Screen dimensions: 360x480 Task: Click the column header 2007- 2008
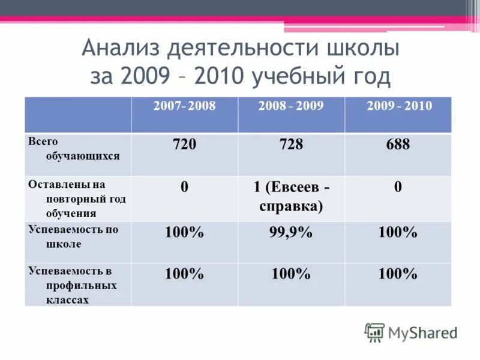coord(184,106)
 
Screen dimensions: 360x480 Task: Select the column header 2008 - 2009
coord(291,106)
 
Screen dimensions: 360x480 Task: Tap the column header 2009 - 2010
coord(398,106)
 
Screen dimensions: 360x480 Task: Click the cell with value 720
coord(184,145)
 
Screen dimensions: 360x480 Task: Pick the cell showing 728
coord(291,145)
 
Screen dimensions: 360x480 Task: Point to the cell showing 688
coord(398,145)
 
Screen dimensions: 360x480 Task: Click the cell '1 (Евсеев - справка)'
coord(291,197)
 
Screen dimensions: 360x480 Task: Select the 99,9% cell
coord(291,233)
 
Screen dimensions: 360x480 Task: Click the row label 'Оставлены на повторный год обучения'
coord(76,198)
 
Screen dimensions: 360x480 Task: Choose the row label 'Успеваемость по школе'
coord(73,237)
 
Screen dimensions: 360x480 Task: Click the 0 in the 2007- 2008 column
coord(184,187)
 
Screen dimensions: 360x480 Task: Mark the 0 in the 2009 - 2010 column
coord(398,187)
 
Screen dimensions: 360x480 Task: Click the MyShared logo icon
coord(374,332)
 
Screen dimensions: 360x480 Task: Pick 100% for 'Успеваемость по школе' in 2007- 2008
coord(184,233)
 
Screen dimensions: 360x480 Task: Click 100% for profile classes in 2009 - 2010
coord(398,275)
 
